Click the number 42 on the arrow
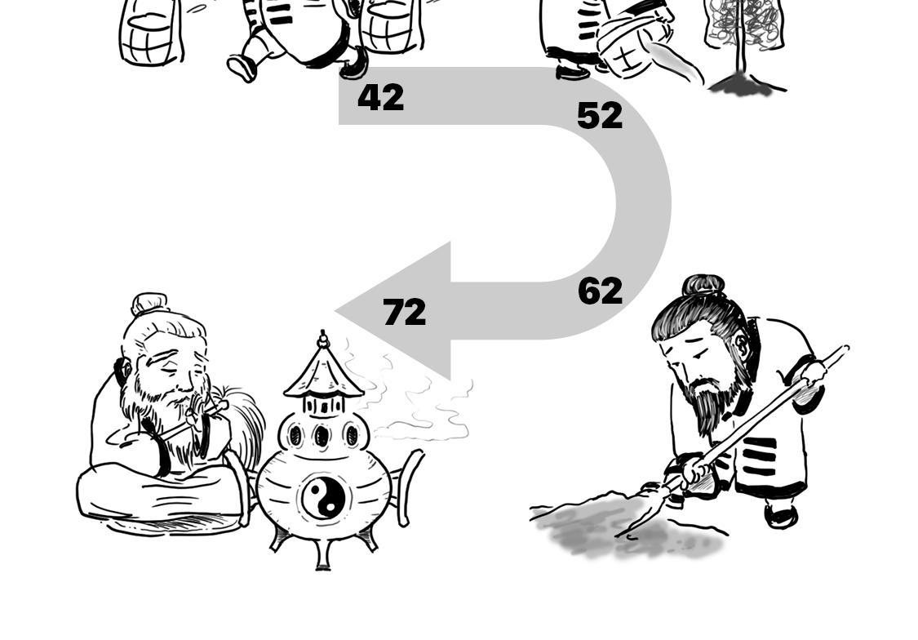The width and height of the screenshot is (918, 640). point(380,98)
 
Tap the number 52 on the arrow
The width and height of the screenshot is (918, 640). point(599,116)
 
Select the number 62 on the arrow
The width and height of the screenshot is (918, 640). point(600,291)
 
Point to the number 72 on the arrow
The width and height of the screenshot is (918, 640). point(404,313)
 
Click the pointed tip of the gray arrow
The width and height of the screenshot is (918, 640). point(338,310)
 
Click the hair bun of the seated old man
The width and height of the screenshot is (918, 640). point(149,304)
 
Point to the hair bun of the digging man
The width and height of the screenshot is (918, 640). point(703,285)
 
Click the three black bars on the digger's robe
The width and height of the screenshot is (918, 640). point(759,456)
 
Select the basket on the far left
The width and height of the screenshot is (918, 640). point(150,33)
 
